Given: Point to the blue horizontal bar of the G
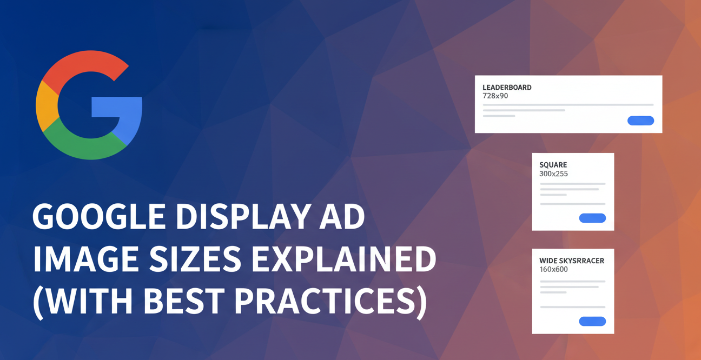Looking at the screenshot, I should [x=116, y=107].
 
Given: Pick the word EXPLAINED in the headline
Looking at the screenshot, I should [x=344, y=261].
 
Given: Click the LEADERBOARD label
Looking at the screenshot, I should [x=507, y=88].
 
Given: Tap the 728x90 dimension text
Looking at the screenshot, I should [x=495, y=96].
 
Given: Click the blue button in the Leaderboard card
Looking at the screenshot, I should [x=640, y=121].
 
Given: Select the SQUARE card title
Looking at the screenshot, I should [x=553, y=165].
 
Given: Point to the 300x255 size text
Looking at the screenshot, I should [x=553, y=174].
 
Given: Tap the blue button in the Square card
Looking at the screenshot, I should [x=592, y=218].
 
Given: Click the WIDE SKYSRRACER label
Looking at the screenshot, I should [x=572, y=261].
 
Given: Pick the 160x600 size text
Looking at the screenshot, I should [x=553, y=269].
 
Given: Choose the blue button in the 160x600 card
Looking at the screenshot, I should [x=592, y=321].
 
